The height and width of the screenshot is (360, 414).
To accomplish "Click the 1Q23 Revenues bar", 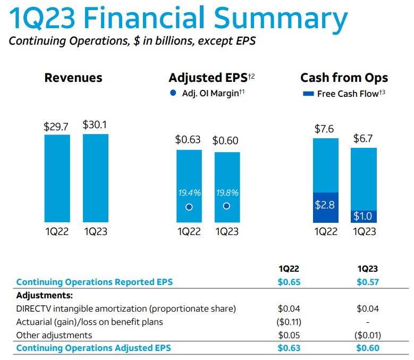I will click(96, 178).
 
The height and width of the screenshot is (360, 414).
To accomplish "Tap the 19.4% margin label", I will click(189, 192).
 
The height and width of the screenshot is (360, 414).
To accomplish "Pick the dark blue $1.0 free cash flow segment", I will click(364, 216).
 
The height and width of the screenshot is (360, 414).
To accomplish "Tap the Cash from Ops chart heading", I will click(344, 78).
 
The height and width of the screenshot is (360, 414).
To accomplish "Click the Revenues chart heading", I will click(73, 78).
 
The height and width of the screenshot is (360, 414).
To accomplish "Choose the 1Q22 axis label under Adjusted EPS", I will click(189, 232).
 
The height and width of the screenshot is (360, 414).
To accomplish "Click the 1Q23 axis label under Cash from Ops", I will click(364, 232).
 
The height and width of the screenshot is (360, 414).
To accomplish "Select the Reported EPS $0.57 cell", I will click(368, 282).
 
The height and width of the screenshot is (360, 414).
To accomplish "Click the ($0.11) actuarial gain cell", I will click(289, 322).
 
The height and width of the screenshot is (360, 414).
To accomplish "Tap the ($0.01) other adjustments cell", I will click(368, 335).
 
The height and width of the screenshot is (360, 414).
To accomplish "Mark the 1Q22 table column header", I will click(289, 269).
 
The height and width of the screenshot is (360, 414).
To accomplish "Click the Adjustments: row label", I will click(45, 295).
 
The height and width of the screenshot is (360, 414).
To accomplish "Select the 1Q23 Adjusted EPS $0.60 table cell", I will click(368, 348).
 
